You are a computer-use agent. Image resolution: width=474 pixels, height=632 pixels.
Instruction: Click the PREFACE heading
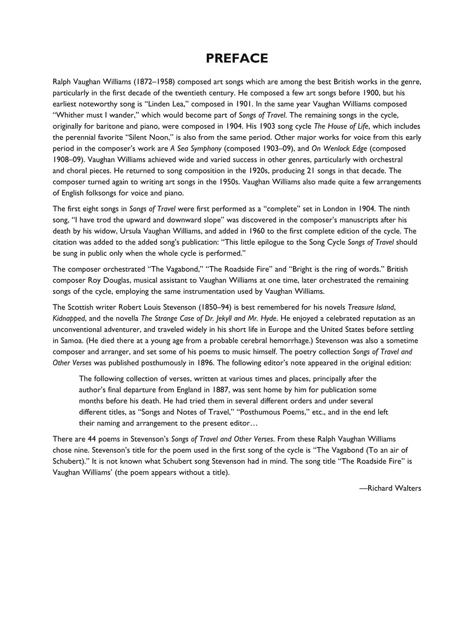236,58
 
